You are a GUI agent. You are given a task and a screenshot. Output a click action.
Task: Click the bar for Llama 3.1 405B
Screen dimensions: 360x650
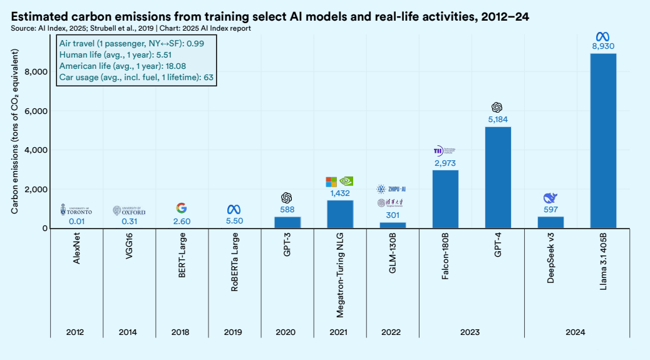(x=603, y=141)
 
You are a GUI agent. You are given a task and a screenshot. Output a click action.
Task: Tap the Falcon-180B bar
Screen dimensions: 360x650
(x=445, y=199)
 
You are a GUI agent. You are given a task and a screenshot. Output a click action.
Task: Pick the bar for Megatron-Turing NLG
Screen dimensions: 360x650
(x=340, y=214)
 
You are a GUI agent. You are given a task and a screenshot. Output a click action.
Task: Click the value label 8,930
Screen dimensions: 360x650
(x=603, y=46)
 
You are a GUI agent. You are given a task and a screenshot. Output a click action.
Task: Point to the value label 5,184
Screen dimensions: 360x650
(x=498, y=120)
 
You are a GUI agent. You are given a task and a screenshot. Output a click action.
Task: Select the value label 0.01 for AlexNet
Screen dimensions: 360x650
(x=76, y=221)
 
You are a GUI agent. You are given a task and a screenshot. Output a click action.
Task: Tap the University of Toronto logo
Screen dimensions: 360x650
(x=76, y=210)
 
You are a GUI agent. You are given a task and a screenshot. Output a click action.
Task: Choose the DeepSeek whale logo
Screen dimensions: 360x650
(x=550, y=198)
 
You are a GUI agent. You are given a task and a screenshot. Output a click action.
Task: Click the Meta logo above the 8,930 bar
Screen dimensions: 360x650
(x=603, y=35)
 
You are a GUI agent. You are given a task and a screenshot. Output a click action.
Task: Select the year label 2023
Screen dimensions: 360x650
(x=472, y=332)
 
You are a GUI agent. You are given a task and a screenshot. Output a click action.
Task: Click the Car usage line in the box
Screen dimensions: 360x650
(x=137, y=77)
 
